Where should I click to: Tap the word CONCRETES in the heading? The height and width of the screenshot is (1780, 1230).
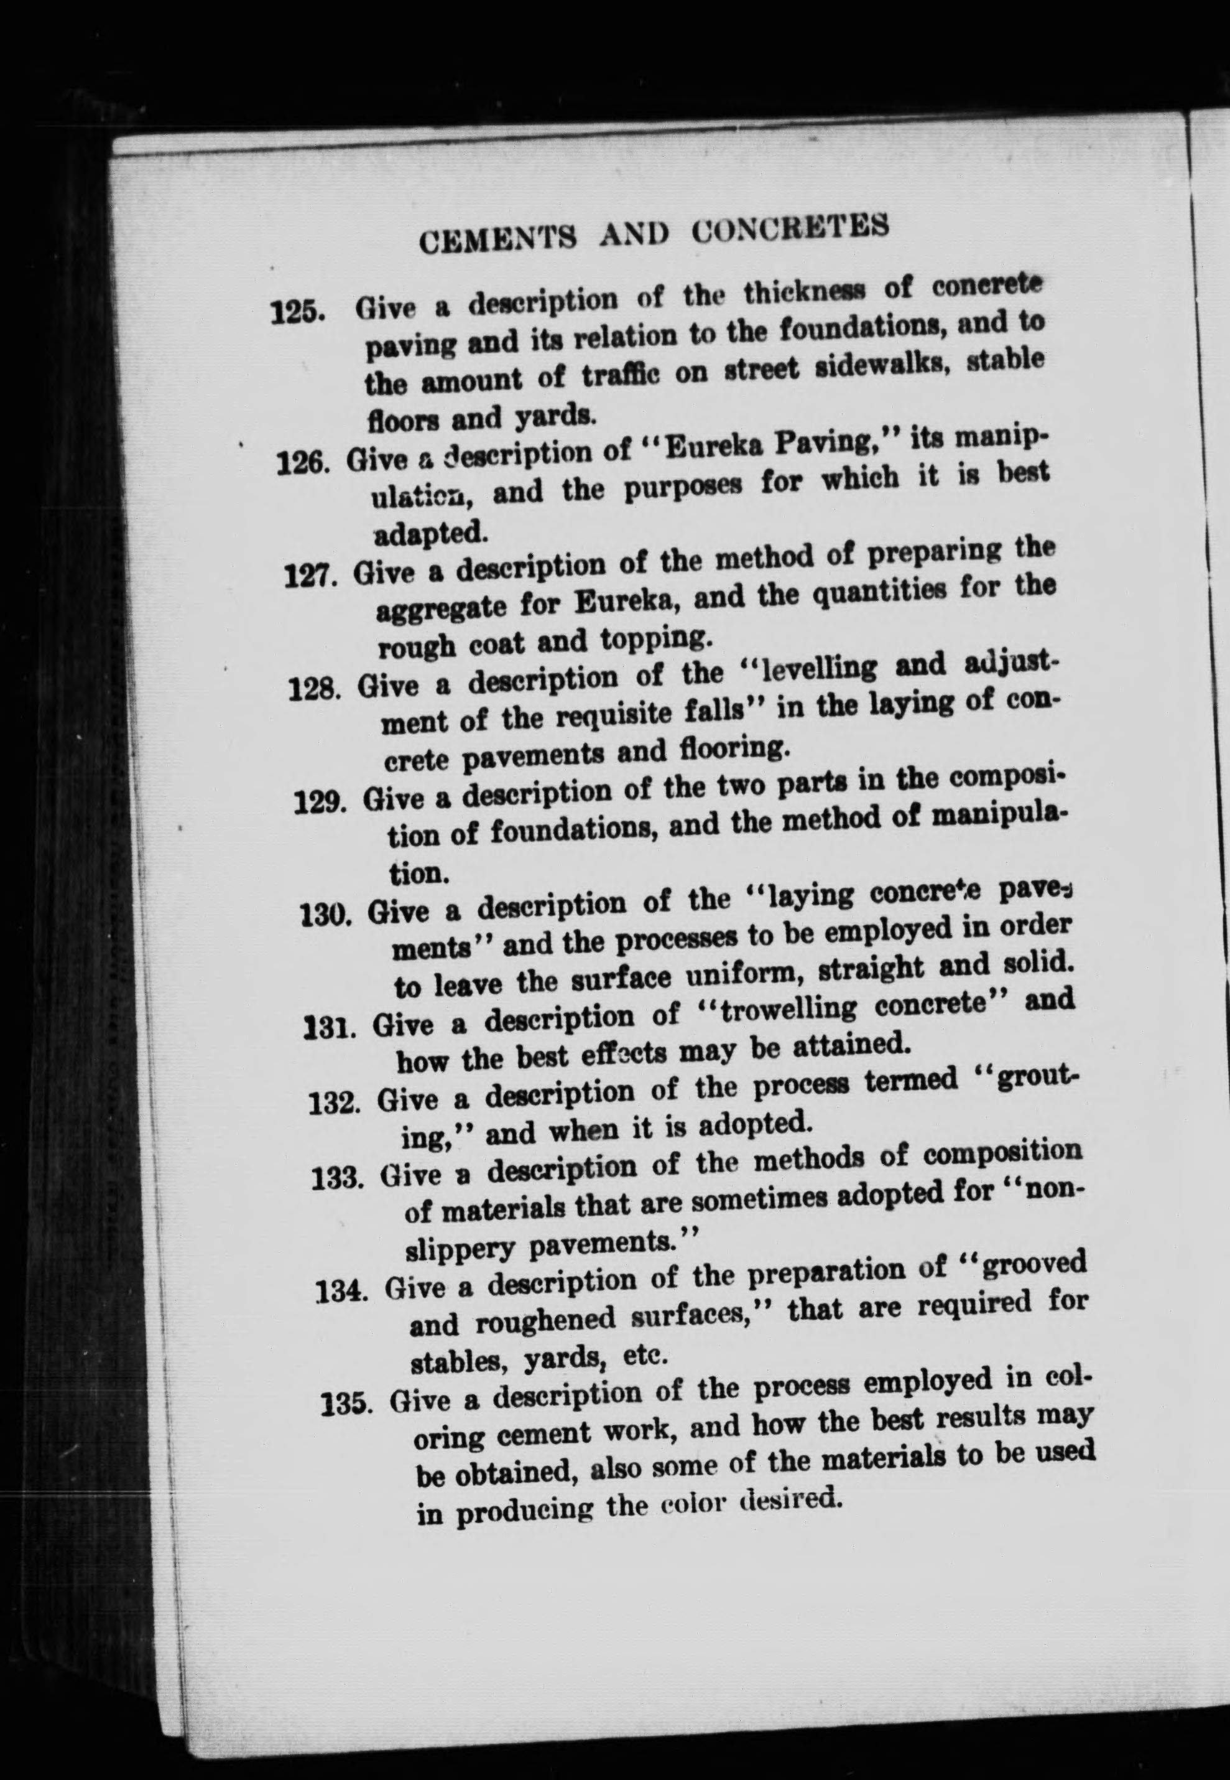click(789, 228)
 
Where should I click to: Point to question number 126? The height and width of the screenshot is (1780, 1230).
click(305, 465)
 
